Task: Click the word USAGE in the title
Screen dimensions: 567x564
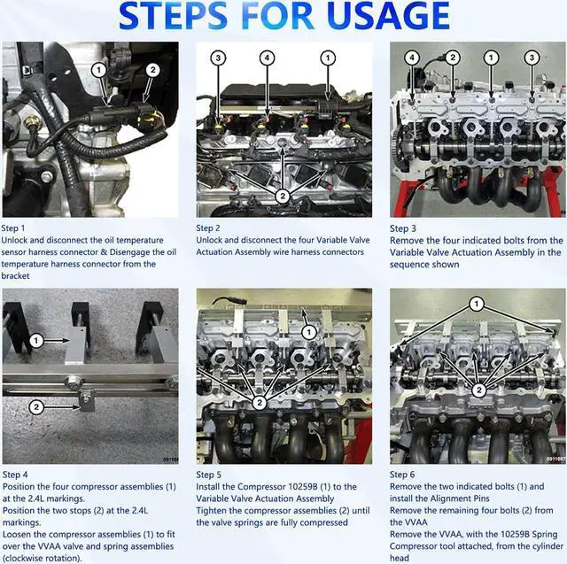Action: pyautogui.click(x=388, y=16)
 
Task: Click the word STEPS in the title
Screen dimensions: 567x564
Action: pyautogui.click(x=174, y=16)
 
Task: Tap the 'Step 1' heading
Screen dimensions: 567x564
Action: pyautogui.click(x=13, y=228)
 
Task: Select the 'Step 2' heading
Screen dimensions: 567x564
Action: pyautogui.click(x=208, y=228)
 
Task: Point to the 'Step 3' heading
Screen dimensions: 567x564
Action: pyautogui.click(x=403, y=228)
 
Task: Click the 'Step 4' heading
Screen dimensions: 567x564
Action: pyautogui.click(x=15, y=475)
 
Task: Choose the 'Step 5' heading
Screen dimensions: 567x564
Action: pyautogui.click(x=209, y=475)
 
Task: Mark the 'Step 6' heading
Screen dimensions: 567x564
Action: pyautogui.click(x=402, y=475)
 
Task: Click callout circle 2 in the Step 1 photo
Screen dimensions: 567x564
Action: pyautogui.click(x=153, y=70)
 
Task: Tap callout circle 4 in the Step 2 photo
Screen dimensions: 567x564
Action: pyautogui.click(x=267, y=58)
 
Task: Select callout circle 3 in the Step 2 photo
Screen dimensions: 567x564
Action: pyautogui.click(x=218, y=58)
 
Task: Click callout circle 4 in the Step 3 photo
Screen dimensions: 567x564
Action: pyautogui.click(x=412, y=58)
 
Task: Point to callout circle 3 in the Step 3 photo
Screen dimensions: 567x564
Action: pyautogui.click(x=532, y=58)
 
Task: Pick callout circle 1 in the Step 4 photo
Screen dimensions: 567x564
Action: pyautogui.click(x=36, y=340)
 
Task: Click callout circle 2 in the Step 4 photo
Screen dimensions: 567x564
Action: pyautogui.click(x=36, y=407)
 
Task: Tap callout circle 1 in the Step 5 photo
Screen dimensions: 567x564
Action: pyautogui.click(x=309, y=332)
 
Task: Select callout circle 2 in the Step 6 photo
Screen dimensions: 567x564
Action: pyautogui.click(x=479, y=390)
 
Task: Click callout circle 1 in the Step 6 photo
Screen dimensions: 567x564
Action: pyautogui.click(x=477, y=305)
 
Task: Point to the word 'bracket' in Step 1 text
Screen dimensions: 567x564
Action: pyautogui.click(x=15, y=276)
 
